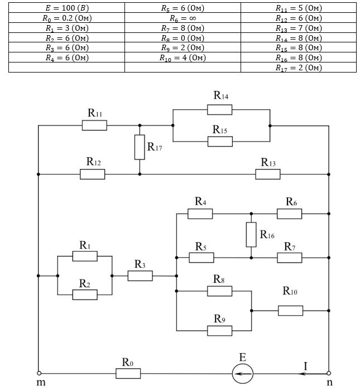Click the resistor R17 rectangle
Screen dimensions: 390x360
(140, 146)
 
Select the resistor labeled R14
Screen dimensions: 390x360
(219, 109)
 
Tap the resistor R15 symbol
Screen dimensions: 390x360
(219, 142)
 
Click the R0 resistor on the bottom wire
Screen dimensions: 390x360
(128, 373)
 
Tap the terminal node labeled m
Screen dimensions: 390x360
(39, 373)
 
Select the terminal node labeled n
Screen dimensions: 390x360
(329, 373)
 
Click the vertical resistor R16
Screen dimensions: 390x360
(251, 234)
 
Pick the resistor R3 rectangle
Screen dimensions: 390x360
(140, 276)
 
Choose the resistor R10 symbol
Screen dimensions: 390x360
(290, 310)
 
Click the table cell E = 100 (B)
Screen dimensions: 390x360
(66, 9)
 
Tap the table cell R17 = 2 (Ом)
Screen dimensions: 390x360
(299, 68)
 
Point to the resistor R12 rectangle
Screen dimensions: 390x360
(92, 174)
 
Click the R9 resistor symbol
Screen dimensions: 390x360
(219, 330)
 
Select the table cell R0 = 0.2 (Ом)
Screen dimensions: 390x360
(66, 18)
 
